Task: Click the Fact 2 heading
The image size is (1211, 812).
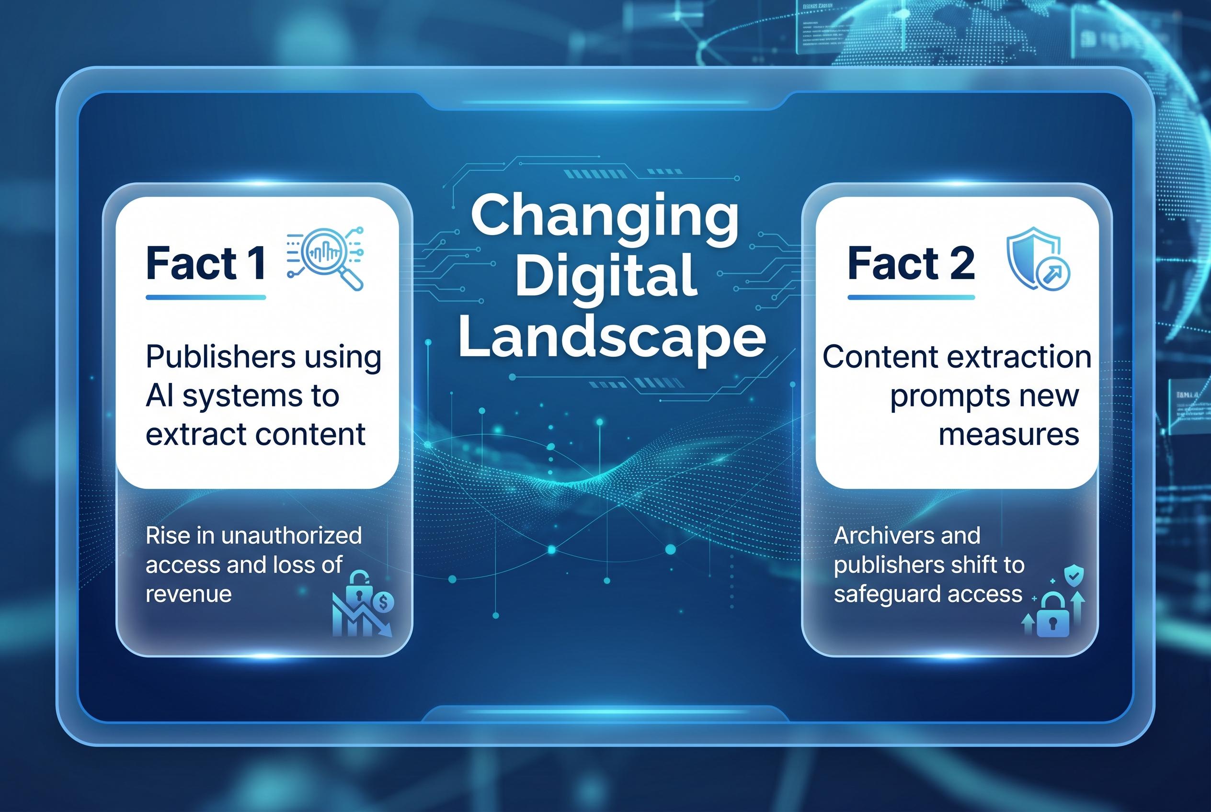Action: click(x=911, y=264)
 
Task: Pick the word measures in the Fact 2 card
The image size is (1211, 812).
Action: click(x=1008, y=434)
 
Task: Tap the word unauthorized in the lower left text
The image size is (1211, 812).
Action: click(x=291, y=535)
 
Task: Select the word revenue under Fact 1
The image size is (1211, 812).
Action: click(x=189, y=594)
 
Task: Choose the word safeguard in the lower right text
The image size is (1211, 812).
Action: click(x=881, y=595)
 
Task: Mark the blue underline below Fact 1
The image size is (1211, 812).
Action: click(x=206, y=298)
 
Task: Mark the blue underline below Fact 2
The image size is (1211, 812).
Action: click(x=911, y=298)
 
